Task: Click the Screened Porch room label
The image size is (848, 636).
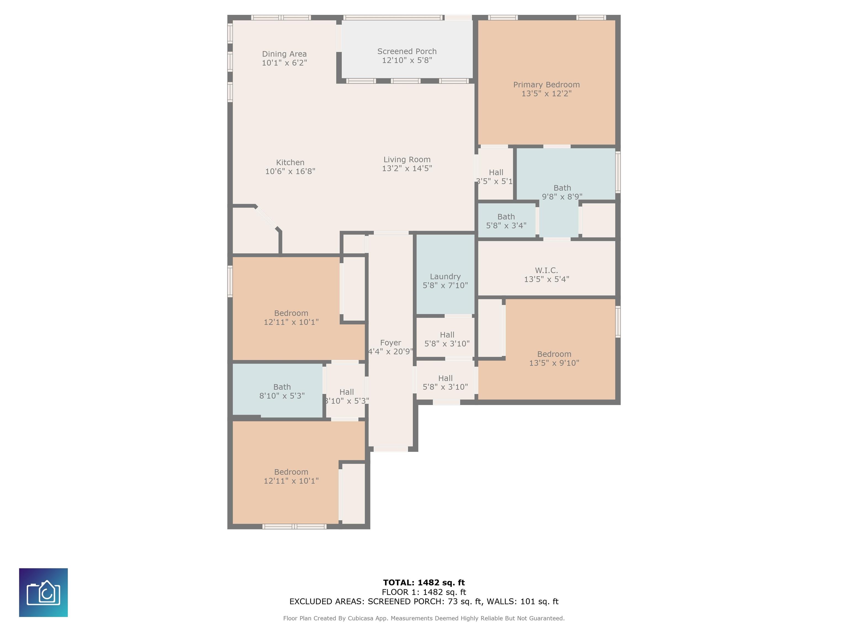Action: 407,51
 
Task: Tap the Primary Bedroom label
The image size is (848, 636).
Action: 546,85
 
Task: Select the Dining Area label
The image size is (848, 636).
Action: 284,54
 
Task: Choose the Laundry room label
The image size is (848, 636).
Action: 445,276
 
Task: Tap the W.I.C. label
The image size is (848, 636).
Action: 546,270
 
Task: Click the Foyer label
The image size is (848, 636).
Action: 391,343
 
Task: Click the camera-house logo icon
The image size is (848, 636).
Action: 43,592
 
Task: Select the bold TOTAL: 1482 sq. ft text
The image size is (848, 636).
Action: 424,583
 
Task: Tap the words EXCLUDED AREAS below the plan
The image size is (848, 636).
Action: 326,601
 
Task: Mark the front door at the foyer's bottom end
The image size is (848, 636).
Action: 391,449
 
